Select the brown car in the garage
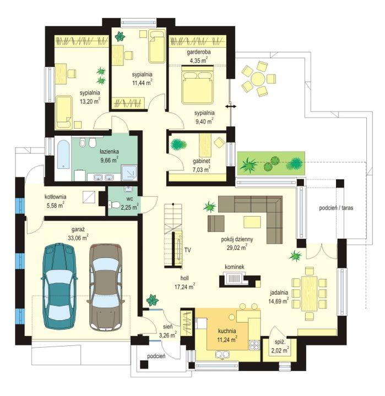106,287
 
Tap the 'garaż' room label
78,229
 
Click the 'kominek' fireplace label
235,267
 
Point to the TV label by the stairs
187,250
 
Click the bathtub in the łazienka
63,155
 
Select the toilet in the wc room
114,204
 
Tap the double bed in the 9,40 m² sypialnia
197,85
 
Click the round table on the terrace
258,79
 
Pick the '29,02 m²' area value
237,248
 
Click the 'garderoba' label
199,52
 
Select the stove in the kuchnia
254,345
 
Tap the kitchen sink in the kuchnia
223,355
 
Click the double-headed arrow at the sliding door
231,107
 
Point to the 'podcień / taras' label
336,208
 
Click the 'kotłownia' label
56,196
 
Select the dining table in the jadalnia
309,294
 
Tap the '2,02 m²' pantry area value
280,350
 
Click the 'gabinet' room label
202,161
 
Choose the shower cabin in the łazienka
129,173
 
